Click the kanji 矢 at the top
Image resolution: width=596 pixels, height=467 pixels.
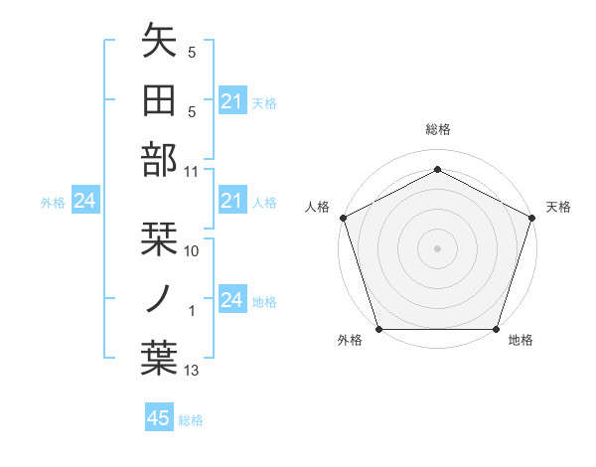[159, 43]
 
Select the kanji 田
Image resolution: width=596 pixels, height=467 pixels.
[159, 101]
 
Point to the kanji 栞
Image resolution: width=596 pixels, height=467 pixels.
[159, 239]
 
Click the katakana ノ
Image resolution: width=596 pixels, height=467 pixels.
[159, 298]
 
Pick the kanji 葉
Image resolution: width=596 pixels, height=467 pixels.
[159, 358]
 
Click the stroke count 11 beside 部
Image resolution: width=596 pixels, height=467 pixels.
[192, 170]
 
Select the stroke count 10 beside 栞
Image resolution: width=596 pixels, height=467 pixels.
[192, 250]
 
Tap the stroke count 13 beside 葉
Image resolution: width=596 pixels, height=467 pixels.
[192, 371]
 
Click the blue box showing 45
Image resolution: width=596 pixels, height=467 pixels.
[159, 418]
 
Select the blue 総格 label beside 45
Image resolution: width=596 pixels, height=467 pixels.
[191, 420]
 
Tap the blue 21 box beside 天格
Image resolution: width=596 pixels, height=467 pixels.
[231, 101]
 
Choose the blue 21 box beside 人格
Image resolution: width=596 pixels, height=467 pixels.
[231, 203]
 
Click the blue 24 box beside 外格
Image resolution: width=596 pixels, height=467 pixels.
[84, 202]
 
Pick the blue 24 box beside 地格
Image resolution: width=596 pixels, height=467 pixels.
[231, 300]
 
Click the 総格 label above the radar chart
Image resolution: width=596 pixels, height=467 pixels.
[437, 129]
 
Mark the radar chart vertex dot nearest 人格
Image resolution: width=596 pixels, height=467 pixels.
[343, 217]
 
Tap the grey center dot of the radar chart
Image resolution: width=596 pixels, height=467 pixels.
[437, 247]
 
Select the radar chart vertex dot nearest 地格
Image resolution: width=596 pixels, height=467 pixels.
[496, 329]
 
